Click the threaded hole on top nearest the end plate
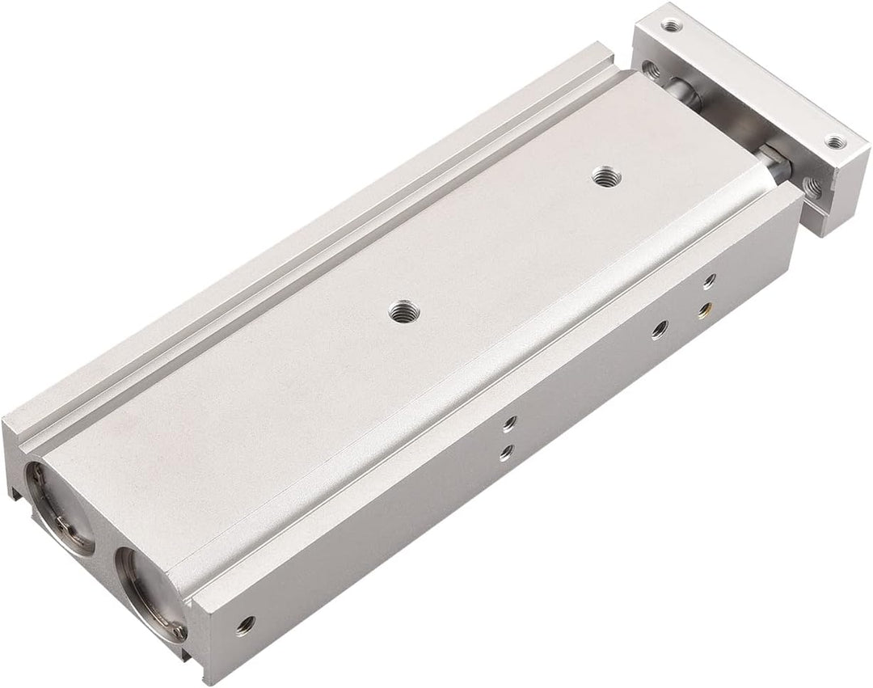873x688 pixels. click(602, 175)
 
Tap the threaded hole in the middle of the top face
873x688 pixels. click(399, 311)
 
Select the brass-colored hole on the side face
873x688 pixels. click(708, 307)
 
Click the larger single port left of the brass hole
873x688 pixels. click(660, 329)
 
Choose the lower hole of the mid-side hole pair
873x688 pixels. click(505, 451)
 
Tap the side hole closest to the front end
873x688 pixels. click(246, 623)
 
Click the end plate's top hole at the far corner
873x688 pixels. click(670, 26)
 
